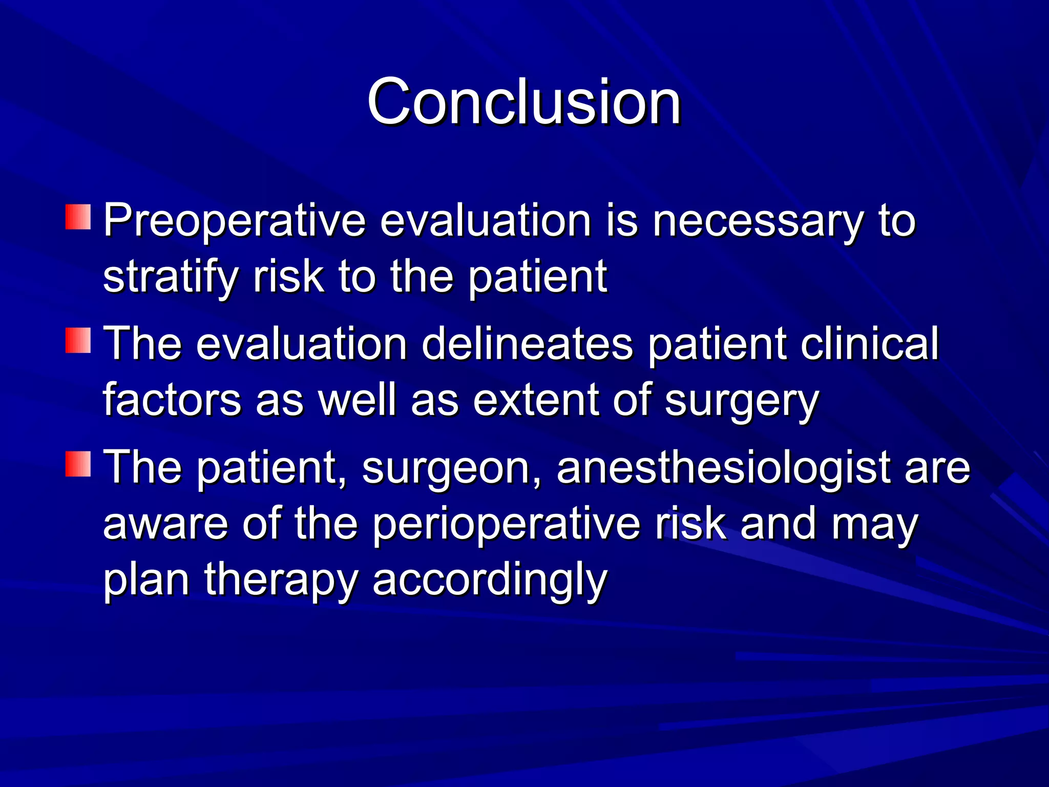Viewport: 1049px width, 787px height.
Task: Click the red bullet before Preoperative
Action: pos(78,217)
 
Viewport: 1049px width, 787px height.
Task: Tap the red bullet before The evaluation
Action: pos(78,341)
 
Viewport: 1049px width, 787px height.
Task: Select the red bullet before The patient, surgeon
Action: pos(78,464)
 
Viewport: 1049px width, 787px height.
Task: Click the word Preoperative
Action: pos(235,221)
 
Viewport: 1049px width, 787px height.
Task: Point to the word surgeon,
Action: pos(451,469)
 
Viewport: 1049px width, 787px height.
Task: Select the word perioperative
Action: pos(506,525)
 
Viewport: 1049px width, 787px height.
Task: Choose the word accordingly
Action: pos(490,582)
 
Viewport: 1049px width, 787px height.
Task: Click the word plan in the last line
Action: pos(146,582)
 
